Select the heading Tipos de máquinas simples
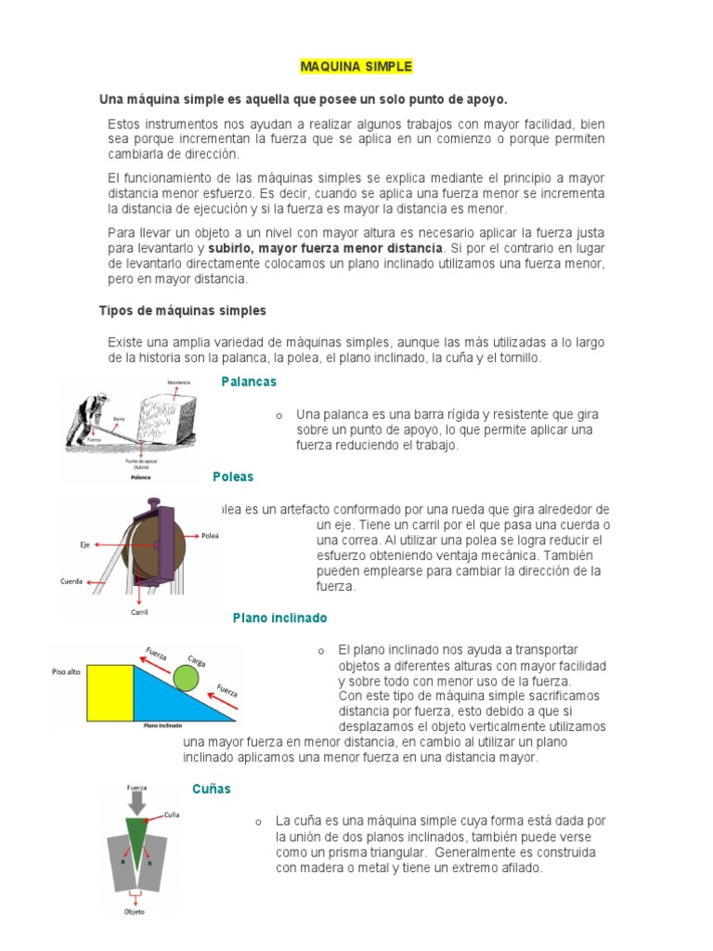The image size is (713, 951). click(x=182, y=310)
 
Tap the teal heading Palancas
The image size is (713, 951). click(x=249, y=382)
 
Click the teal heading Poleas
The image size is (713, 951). click(x=232, y=476)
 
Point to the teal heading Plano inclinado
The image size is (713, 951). click(x=279, y=618)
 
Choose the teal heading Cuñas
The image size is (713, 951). click(x=212, y=788)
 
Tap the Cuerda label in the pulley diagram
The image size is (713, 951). click(x=71, y=582)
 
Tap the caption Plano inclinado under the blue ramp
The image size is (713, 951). click(x=162, y=725)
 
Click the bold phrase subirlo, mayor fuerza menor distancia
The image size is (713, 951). click(x=325, y=250)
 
